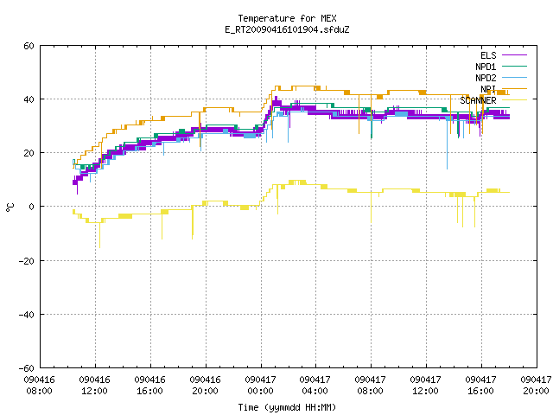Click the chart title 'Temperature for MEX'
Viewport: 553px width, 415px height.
(x=287, y=18)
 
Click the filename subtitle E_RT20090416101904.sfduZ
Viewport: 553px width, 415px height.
(x=287, y=29)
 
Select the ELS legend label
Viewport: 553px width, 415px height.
(x=488, y=55)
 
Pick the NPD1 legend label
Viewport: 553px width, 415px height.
(x=486, y=67)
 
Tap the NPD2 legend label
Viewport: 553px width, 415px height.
(x=486, y=78)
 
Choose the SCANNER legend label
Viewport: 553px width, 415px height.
(x=478, y=100)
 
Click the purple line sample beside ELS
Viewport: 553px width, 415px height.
(x=514, y=55)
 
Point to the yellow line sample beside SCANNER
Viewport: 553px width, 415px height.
(x=514, y=100)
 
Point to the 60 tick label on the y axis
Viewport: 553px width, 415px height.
(x=29, y=46)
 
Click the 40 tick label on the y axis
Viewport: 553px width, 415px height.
(x=29, y=99)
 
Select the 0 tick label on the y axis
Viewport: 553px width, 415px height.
(x=31, y=207)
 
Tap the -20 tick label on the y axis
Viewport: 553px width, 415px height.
(x=27, y=261)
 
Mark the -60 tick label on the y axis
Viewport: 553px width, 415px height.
(x=27, y=368)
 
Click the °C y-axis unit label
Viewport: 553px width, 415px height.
(x=10, y=207)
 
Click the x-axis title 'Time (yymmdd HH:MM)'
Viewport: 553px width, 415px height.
(x=287, y=407)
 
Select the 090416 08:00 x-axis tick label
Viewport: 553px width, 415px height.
(x=40, y=386)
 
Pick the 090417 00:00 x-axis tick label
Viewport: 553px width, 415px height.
(x=260, y=386)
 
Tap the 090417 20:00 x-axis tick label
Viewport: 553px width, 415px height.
(x=536, y=386)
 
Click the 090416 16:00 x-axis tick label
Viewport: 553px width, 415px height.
(x=149, y=386)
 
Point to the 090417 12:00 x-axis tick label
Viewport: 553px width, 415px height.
(x=426, y=386)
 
